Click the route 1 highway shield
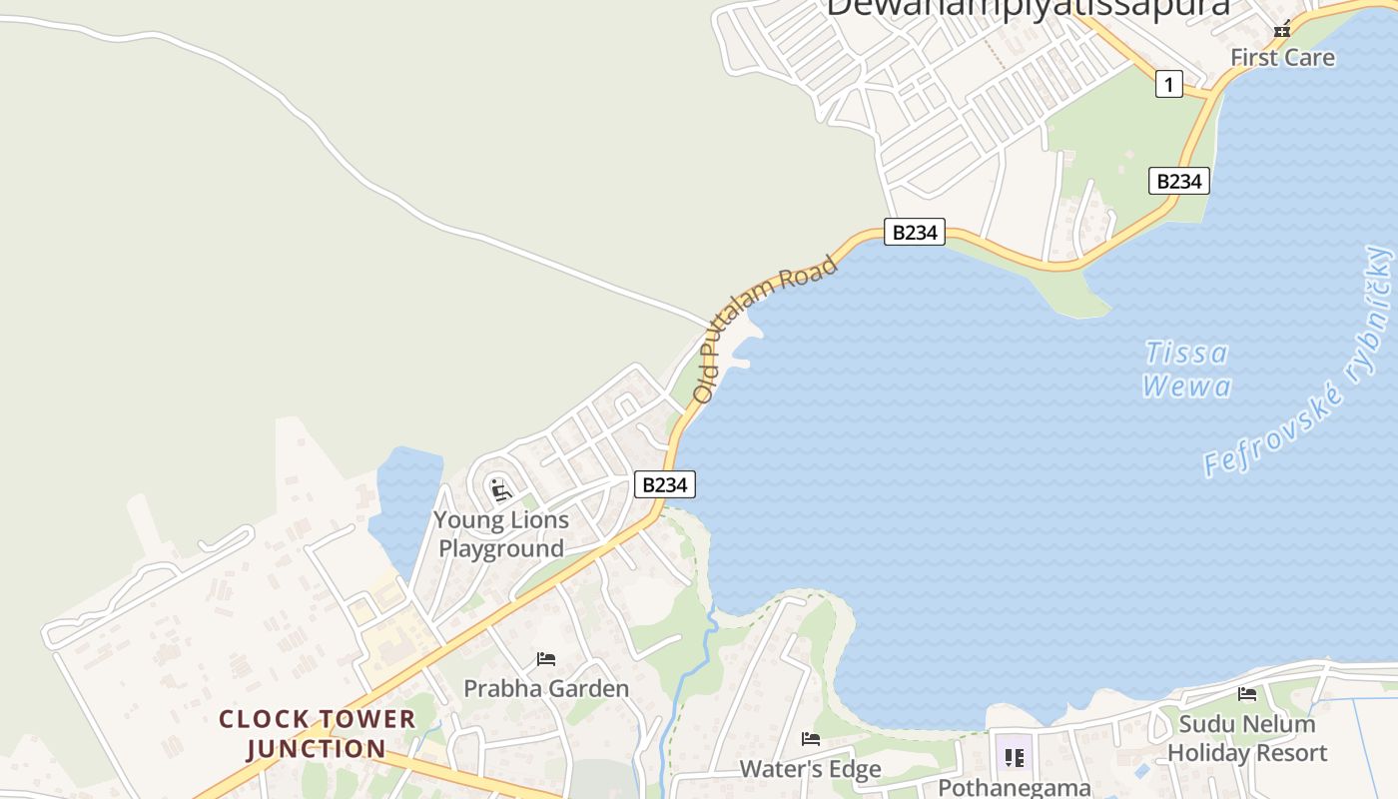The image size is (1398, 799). point(1168,84)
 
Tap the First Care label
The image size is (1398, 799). point(1282,57)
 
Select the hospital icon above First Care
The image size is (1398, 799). point(1282,29)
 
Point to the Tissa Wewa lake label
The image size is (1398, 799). point(1186,369)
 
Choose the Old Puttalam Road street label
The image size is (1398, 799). point(764,329)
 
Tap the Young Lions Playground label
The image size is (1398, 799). point(501,534)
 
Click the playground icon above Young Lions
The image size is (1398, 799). point(500,489)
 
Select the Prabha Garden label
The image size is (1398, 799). point(546,688)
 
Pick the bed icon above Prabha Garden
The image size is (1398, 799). point(545,659)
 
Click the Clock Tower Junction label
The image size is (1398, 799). point(317,734)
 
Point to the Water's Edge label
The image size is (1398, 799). point(810,768)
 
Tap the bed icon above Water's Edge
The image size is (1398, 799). point(811,739)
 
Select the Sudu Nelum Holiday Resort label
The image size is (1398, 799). point(1247,738)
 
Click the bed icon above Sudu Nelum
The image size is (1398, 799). point(1247,694)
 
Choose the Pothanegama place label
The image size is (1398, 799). point(1014,787)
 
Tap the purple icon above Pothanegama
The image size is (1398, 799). point(1014,756)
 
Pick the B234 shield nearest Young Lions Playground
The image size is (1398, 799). point(665,485)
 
